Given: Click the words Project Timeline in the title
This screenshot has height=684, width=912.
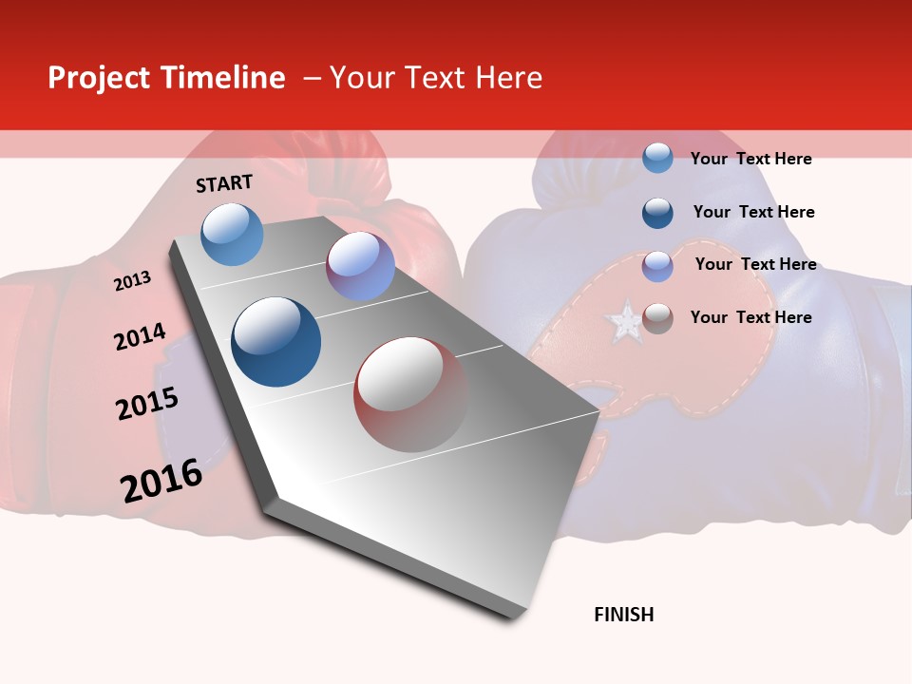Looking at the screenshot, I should click(x=166, y=78).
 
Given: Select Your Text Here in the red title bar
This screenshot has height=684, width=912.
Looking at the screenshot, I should click(x=436, y=78).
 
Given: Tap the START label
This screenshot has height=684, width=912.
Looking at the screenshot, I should click(x=224, y=183).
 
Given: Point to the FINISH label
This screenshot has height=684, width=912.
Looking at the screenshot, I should click(x=624, y=615).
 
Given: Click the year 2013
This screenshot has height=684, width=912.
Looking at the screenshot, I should click(x=132, y=281).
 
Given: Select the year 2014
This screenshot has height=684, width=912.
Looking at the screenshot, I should click(x=140, y=337).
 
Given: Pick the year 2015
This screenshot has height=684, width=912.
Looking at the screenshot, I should click(x=147, y=404).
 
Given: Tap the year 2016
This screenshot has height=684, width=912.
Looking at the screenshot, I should click(x=161, y=481).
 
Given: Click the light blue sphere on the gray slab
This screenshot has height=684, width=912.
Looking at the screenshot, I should click(x=233, y=234).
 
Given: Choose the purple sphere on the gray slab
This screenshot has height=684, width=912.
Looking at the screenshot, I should click(x=360, y=266).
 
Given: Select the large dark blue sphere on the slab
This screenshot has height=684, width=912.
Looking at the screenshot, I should click(x=276, y=342).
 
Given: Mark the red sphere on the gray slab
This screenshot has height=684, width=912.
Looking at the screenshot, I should click(x=410, y=394).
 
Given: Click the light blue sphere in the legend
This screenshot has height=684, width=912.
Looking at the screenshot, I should click(x=657, y=158).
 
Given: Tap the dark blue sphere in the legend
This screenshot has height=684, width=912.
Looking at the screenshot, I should click(x=657, y=213).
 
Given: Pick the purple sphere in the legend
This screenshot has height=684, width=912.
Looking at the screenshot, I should click(x=657, y=266).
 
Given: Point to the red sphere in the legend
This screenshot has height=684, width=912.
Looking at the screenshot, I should click(x=657, y=318).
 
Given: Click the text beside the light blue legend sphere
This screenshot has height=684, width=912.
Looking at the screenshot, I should click(x=750, y=159).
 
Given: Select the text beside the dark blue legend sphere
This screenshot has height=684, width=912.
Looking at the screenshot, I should click(x=753, y=212).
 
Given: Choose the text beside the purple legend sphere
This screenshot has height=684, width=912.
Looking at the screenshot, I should click(x=755, y=264).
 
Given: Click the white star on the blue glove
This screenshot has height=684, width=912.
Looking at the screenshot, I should click(x=626, y=322).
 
